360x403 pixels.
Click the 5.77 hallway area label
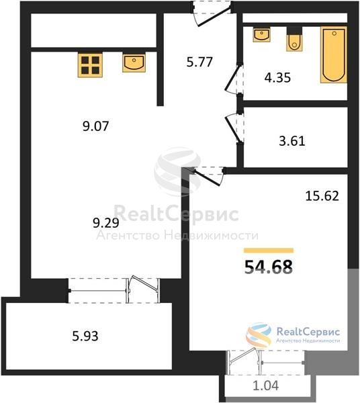point(199,62)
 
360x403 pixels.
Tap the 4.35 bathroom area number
point(277,77)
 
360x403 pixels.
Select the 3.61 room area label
point(292,141)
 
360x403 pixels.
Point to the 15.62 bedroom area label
point(322,196)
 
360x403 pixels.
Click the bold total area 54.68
point(269,267)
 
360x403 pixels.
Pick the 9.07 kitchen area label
point(96,126)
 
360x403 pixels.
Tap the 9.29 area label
point(106,223)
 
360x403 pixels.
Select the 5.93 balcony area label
point(85,336)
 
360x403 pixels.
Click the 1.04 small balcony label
point(266,386)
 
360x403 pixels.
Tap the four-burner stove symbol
point(90,65)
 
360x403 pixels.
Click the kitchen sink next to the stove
point(134,62)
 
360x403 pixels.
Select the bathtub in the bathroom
point(334,55)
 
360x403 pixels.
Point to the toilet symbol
point(294,40)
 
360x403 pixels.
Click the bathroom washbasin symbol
point(261,35)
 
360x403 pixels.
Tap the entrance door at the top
point(212,13)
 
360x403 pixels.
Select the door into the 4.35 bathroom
point(234,79)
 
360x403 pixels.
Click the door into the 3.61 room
point(234,127)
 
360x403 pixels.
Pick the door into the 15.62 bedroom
point(209,175)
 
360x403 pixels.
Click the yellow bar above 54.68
point(269,251)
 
